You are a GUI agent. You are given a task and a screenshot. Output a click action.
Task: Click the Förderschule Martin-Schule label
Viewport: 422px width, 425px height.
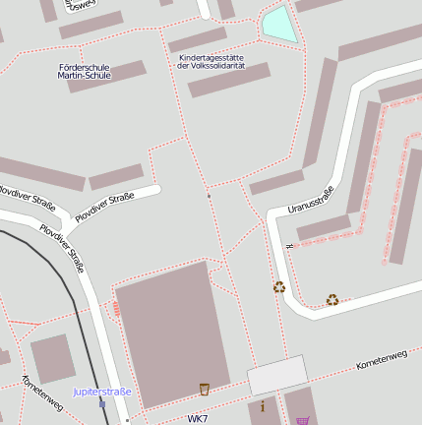pyautogui.click(x=85, y=71)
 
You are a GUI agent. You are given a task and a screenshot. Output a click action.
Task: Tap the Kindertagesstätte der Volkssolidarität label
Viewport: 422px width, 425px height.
pyautogui.click(x=211, y=61)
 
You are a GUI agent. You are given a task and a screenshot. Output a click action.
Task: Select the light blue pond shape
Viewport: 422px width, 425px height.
pyautogui.click(x=278, y=25)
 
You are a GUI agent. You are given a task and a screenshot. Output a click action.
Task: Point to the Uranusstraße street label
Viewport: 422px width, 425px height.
pyautogui.click(x=312, y=199)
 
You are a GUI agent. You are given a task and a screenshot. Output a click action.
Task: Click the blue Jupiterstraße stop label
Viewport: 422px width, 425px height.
pyautogui.click(x=101, y=392)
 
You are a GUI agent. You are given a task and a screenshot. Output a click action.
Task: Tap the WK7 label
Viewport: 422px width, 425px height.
pyautogui.click(x=197, y=419)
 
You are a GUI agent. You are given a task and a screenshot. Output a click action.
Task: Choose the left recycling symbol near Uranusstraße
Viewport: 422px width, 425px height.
pyautogui.click(x=279, y=287)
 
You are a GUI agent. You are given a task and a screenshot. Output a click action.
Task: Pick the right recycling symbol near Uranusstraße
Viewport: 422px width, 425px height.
pyautogui.click(x=332, y=300)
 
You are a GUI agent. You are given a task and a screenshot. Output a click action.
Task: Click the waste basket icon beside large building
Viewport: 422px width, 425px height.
pyautogui.click(x=204, y=389)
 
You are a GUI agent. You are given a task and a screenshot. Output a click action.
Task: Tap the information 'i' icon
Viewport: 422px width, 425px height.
pyautogui.click(x=263, y=405)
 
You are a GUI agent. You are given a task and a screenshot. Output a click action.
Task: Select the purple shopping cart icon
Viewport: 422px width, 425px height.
pyautogui.click(x=302, y=421)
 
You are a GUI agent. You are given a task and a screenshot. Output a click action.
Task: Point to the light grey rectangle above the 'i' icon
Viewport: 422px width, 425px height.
pyautogui.click(x=277, y=375)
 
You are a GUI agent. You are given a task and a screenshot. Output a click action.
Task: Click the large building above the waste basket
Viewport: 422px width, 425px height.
pyautogui.click(x=172, y=330)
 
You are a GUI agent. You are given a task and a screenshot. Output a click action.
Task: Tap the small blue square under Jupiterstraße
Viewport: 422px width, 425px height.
pyautogui.click(x=102, y=403)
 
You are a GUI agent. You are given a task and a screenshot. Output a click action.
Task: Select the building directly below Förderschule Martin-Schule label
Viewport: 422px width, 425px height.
pyautogui.click(x=106, y=77)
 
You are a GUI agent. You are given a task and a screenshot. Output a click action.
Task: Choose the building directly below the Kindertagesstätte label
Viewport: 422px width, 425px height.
pyautogui.click(x=228, y=81)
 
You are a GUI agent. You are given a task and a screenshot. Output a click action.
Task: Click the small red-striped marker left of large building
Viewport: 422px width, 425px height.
pyautogui.click(x=117, y=309)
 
